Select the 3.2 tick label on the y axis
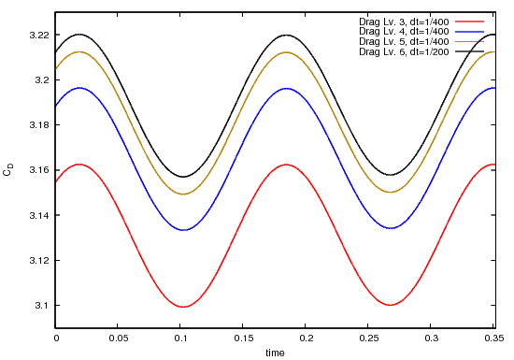pyautogui.click(x=40, y=80)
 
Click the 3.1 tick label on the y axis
pyautogui.click(x=40, y=306)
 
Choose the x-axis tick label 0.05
pyautogui.click(x=119, y=339)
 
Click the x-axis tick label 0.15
pyautogui.click(x=244, y=339)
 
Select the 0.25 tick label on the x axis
pyautogui.click(x=369, y=339)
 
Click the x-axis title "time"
pyautogui.click(x=275, y=353)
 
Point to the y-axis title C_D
pyautogui.click(x=8, y=170)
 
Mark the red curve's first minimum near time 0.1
pyautogui.click(x=185, y=307)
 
